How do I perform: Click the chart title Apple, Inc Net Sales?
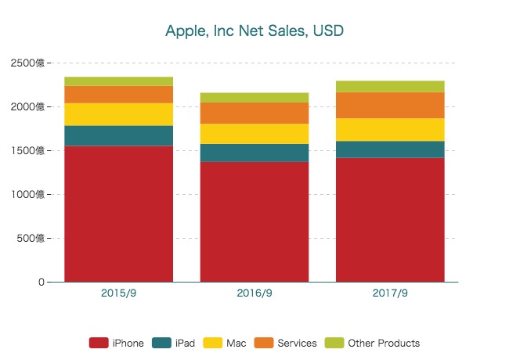(254, 31)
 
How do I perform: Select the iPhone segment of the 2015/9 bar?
(118, 213)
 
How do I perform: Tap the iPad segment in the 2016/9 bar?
(254, 153)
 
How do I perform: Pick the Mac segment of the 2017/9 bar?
(390, 130)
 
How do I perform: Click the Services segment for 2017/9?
(390, 105)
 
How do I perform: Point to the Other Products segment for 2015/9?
(118, 81)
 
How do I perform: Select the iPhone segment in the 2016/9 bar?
(254, 221)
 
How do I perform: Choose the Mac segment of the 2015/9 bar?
(118, 114)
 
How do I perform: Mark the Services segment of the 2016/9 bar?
(254, 113)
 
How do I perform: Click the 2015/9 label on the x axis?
(118, 293)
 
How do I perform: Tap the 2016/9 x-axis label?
(254, 293)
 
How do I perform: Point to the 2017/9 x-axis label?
(390, 293)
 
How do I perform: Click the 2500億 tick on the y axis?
(28, 63)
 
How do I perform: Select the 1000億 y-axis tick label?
(28, 194)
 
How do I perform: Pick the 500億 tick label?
(31, 238)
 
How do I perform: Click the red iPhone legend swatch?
(98, 343)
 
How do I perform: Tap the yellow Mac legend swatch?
(212, 343)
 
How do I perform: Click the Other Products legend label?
(384, 343)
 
